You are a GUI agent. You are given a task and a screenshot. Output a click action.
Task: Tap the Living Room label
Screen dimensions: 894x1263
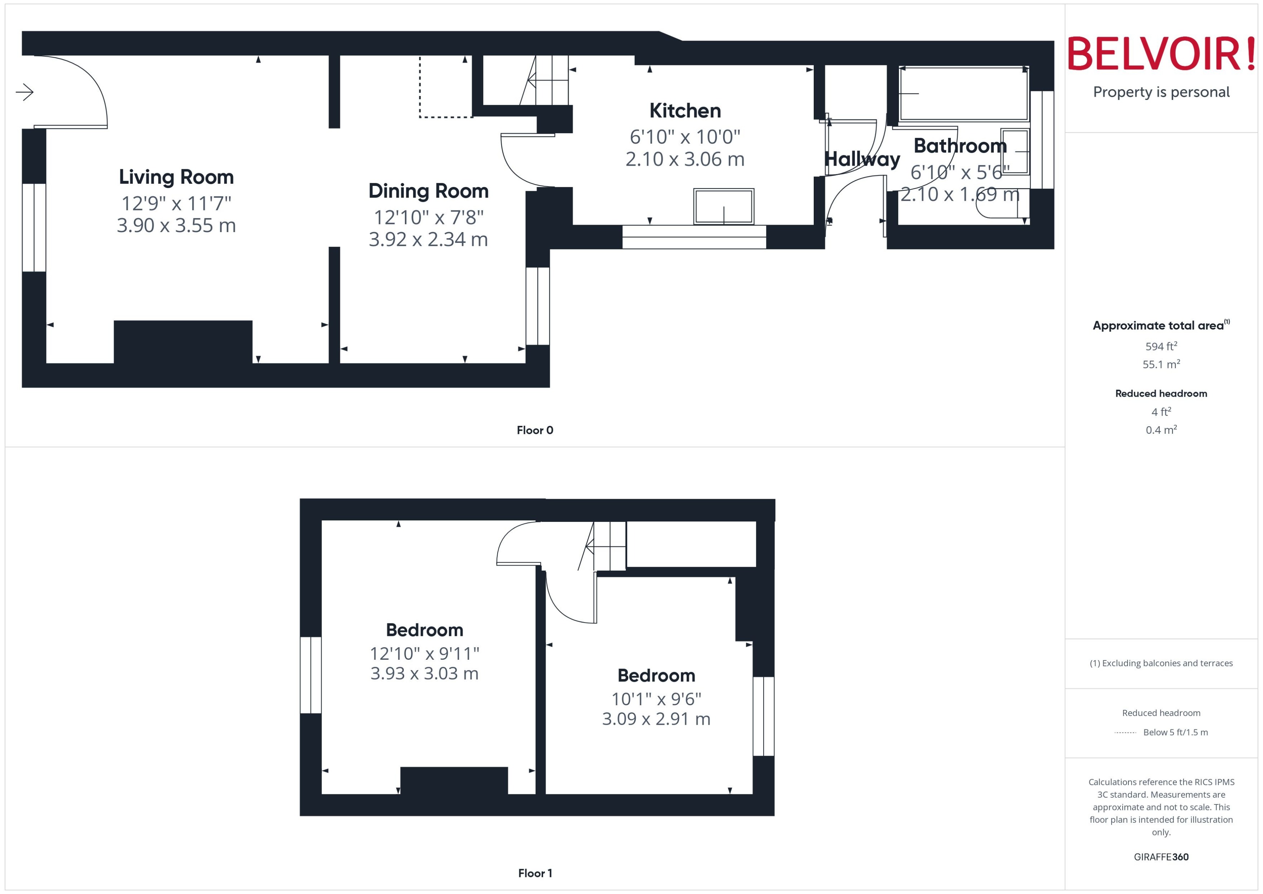point(176,177)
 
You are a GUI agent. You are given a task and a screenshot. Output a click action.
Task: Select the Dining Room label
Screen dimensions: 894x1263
point(428,191)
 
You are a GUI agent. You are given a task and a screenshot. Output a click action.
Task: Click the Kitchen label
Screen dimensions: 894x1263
point(685,111)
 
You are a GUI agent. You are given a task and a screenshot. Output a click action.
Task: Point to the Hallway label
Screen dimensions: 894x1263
point(861,159)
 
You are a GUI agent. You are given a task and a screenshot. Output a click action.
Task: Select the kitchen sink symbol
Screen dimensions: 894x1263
point(723,206)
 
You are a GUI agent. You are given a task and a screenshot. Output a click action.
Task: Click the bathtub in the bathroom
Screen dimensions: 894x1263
point(963,93)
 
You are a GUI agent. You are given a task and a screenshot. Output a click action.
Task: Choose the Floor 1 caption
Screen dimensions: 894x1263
point(534,873)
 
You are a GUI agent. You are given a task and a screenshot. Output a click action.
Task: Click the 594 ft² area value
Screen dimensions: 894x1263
point(1161,346)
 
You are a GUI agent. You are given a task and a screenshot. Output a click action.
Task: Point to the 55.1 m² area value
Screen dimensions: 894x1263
point(1161,365)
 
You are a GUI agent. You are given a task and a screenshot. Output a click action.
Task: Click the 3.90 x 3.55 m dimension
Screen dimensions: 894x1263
point(176,226)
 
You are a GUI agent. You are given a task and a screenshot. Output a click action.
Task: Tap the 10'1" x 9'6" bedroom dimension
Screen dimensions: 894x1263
point(656,699)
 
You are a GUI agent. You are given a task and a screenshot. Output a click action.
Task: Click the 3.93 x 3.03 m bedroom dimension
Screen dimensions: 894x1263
point(424,673)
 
